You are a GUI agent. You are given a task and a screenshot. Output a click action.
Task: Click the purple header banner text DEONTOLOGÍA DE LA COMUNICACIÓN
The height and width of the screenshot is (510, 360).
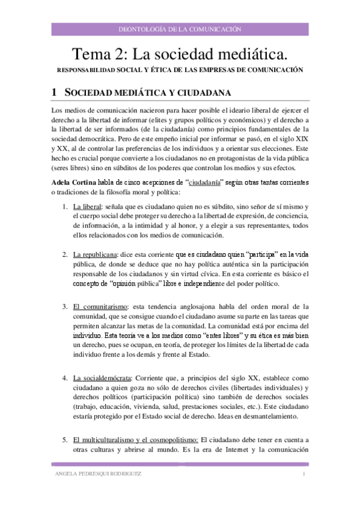click(180, 28)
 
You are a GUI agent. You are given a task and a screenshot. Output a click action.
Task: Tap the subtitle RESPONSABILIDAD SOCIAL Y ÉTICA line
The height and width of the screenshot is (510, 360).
click(179, 70)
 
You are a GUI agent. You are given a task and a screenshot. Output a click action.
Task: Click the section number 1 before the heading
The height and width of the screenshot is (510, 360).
click(54, 93)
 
